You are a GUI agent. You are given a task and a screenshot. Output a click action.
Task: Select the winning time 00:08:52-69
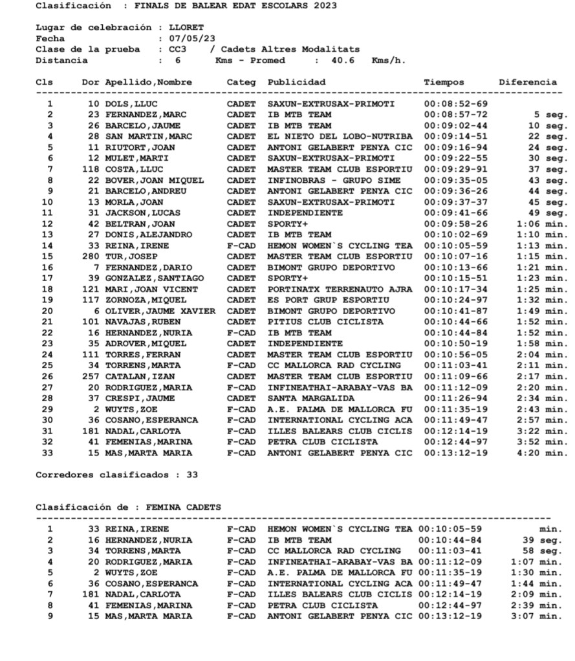click(455, 103)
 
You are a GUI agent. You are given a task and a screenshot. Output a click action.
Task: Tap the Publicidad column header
click(296, 82)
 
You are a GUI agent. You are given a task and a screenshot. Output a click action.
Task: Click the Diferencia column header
click(527, 82)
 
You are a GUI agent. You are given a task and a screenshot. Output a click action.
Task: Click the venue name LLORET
click(186, 28)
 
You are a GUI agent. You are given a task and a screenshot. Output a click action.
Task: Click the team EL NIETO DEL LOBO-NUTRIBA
click(340, 136)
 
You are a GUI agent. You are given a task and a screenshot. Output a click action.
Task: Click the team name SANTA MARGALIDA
click(308, 399)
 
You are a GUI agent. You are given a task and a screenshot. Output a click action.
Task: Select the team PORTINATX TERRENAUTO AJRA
click(340, 289)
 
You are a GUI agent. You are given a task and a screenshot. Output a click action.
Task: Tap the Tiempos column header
click(444, 82)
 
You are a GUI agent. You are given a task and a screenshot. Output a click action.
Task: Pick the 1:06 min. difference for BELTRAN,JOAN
click(541, 224)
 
